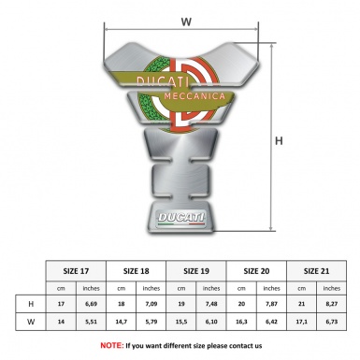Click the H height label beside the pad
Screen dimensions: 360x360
click(279, 142)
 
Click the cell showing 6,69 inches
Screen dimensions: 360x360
click(92, 303)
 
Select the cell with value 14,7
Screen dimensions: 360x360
click(122, 322)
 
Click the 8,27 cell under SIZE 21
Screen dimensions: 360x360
click(332, 303)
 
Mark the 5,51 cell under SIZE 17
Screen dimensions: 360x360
click(92, 322)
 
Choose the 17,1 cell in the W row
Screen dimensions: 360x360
click(301, 322)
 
